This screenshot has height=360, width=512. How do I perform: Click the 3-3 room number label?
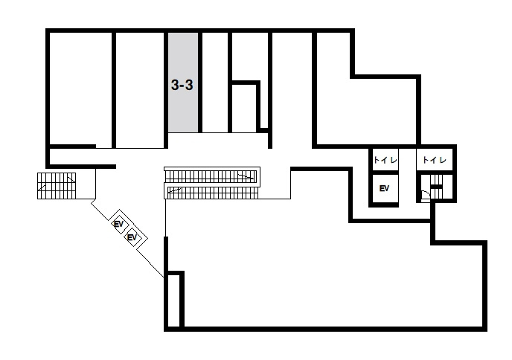pos(182,86)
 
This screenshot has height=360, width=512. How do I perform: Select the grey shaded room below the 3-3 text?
pos(183,83)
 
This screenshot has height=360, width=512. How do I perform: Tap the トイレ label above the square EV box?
pos(385,160)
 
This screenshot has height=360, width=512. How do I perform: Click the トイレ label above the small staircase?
pos(435,160)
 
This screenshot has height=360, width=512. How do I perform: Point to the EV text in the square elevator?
pos(384,188)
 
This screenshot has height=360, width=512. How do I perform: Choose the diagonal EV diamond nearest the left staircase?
pos(118,224)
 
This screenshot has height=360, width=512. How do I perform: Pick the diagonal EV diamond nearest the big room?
pos(132,237)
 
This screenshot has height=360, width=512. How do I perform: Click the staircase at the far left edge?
pos(57,186)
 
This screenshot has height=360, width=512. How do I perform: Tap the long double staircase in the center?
pos(212,183)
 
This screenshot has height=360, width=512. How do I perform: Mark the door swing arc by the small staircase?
pos(426,195)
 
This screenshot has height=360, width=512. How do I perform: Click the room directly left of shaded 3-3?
pos(140,90)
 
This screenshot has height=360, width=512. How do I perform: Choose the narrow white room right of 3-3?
pos(215,83)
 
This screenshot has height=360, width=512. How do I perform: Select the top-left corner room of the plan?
pos(80,88)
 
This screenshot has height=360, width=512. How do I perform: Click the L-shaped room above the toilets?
pos(362,98)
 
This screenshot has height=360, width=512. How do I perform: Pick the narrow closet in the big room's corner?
pos(173,300)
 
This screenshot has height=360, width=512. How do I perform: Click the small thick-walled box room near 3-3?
pos(244,109)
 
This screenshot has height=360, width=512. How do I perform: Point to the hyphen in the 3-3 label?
pos(182,86)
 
